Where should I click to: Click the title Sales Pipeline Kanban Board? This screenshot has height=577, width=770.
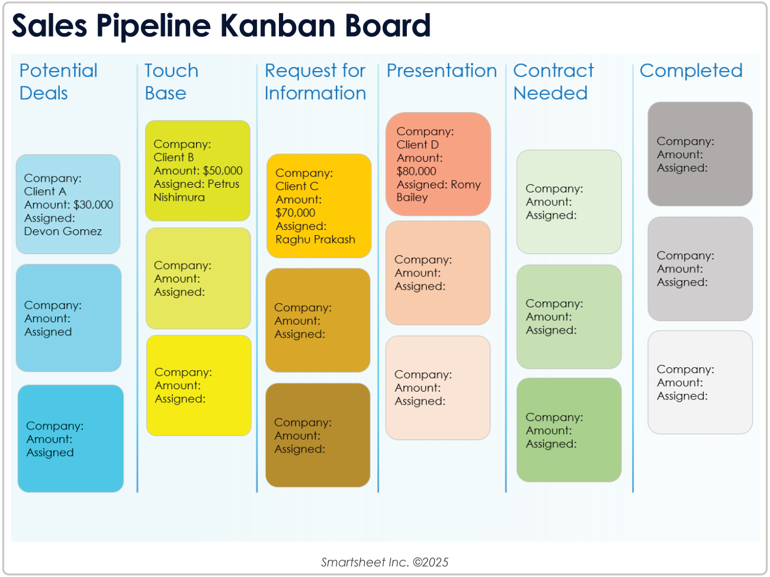pyautogui.click(x=221, y=25)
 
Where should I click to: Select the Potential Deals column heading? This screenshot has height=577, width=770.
pyautogui.click(x=58, y=82)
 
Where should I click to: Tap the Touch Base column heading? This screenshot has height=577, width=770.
pyautogui.click(x=171, y=82)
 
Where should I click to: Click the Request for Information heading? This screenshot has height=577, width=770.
pyautogui.click(x=315, y=82)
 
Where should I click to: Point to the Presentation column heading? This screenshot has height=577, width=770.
pyautogui.click(x=441, y=70)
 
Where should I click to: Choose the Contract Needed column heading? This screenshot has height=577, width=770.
pyautogui.click(x=553, y=82)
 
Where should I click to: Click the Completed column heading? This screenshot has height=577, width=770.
pyautogui.click(x=691, y=70)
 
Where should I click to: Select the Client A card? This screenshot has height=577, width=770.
pyautogui.click(x=68, y=204)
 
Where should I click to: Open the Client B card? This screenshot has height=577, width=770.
pyautogui.click(x=198, y=171)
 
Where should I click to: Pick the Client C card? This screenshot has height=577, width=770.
pyautogui.click(x=319, y=206)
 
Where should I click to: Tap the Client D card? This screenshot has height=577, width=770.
pyautogui.click(x=438, y=164)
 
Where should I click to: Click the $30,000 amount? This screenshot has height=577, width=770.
pyautogui.click(x=93, y=205)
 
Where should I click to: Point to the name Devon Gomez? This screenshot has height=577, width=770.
pyautogui.click(x=63, y=232)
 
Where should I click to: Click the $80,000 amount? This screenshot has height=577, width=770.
pyautogui.click(x=416, y=171)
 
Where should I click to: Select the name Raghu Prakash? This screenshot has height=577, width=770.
pyautogui.click(x=315, y=240)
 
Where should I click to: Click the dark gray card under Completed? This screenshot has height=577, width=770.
pyautogui.click(x=700, y=154)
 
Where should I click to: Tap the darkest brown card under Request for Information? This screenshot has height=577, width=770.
pyautogui.click(x=317, y=435)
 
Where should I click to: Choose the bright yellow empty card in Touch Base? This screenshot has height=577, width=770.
pyautogui.click(x=198, y=386)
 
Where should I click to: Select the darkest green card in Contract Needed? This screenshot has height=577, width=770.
pyautogui.click(x=569, y=430)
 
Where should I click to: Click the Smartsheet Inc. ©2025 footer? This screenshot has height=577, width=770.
pyautogui.click(x=384, y=562)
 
